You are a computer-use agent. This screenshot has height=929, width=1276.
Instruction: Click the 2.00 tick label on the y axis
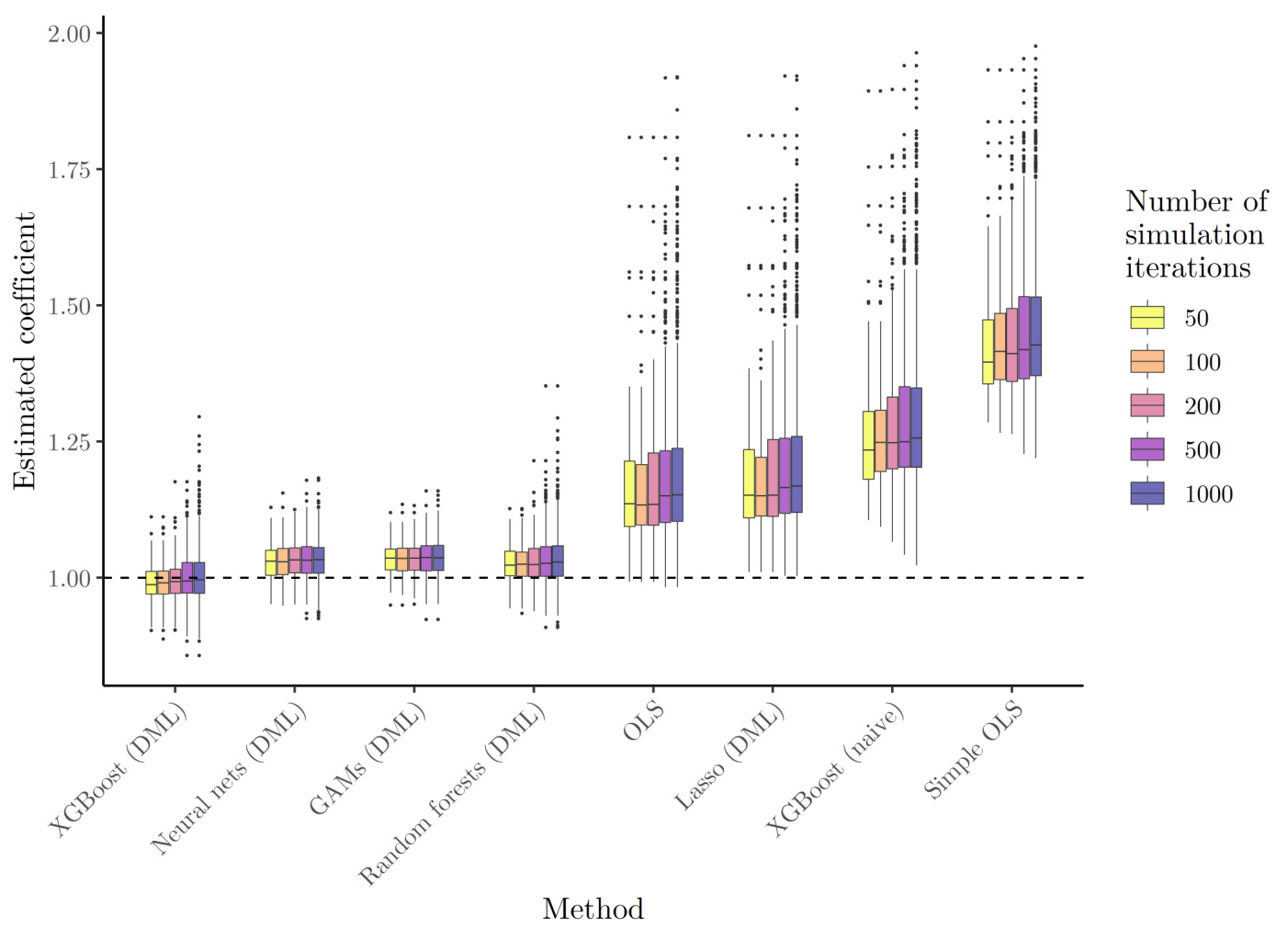[x=69, y=34]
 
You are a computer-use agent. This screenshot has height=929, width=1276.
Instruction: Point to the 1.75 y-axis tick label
[x=69, y=170]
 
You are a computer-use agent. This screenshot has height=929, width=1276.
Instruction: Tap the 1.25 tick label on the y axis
[x=69, y=442]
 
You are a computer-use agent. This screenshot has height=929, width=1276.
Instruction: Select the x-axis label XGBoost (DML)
[x=118, y=770]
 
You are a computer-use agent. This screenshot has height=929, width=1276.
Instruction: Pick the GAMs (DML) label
[x=367, y=759]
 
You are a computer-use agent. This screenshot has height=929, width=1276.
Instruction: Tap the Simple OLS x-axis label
[x=974, y=749]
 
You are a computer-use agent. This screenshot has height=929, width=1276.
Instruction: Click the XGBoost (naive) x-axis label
[x=835, y=770]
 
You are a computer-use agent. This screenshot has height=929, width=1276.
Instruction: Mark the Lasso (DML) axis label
[x=729, y=757]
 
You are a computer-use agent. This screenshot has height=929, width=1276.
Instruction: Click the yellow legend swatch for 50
[x=1147, y=318]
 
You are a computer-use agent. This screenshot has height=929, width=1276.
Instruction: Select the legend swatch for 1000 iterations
[x=1147, y=493]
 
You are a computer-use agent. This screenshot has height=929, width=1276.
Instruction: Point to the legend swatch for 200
[x=1147, y=405]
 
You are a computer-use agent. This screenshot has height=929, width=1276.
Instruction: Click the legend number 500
[x=1203, y=450]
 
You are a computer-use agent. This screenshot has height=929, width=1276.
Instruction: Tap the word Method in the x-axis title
[x=593, y=909]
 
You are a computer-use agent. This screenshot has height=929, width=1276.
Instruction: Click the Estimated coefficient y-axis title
[x=25, y=351]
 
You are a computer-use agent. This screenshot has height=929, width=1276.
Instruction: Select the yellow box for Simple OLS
[x=988, y=351]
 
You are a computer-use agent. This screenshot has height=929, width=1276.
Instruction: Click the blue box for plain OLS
[x=677, y=485]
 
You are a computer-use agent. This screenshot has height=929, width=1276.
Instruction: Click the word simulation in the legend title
[x=1194, y=235]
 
